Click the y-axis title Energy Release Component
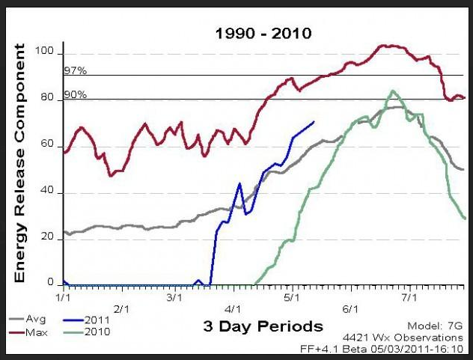click(x=20, y=163)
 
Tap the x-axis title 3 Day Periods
click(x=262, y=326)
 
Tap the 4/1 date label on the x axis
click(x=233, y=308)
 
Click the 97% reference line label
click(x=73, y=71)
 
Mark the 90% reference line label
click(x=73, y=95)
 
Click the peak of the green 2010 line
click(x=393, y=91)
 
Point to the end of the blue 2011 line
click(x=315, y=121)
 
